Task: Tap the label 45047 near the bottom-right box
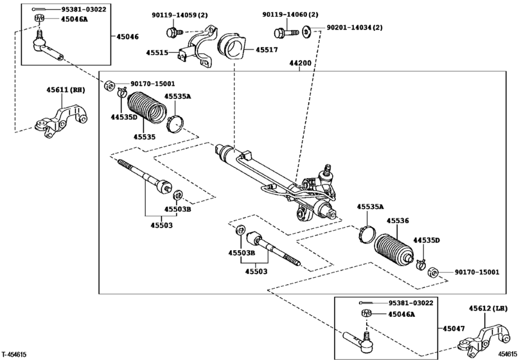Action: pos(452,328)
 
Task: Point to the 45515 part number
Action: pos(161,53)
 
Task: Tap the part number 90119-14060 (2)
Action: pos(290,14)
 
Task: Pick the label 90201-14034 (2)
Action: pos(355,28)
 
